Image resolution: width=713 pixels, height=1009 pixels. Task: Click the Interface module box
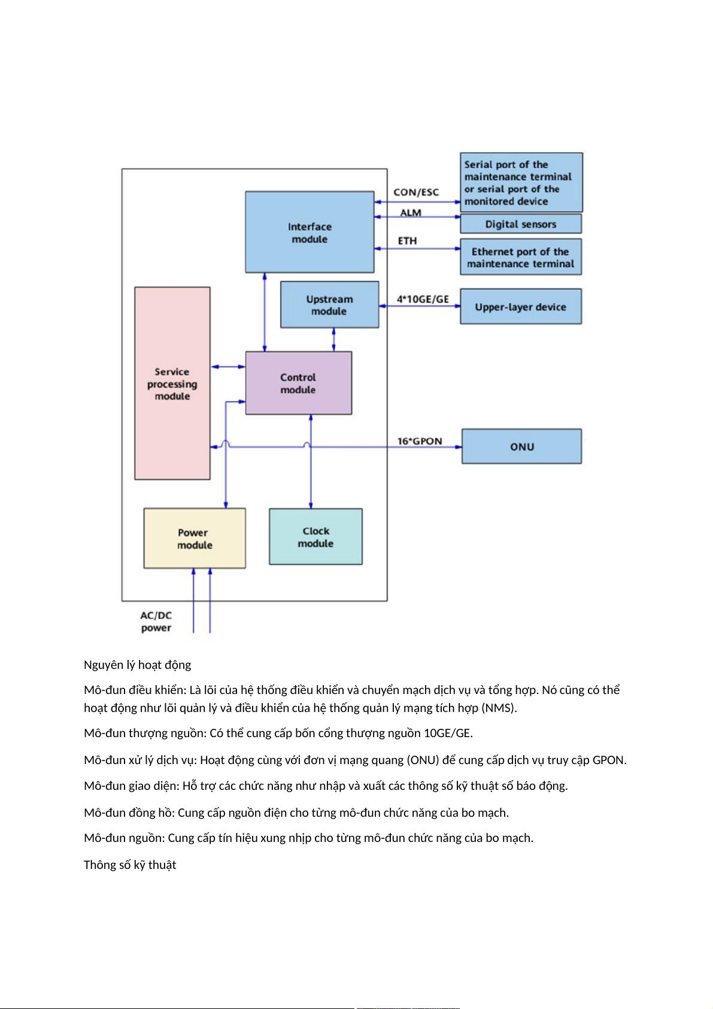[310, 232]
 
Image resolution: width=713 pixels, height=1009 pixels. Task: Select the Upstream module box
[329, 305]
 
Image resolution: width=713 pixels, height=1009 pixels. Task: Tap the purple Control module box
[298, 383]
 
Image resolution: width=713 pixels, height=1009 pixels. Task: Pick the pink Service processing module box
[172, 383]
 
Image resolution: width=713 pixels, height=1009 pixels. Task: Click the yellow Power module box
[195, 538]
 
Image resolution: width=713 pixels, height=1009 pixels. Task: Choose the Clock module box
[315, 537]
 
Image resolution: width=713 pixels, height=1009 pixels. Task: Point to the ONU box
[521, 446]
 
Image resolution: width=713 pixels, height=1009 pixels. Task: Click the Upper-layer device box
[520, 307]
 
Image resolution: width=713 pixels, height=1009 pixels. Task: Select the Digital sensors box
[520, 224]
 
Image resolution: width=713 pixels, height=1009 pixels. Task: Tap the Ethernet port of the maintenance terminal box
[520, 257]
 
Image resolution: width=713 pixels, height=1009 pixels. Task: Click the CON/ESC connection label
[416, 192]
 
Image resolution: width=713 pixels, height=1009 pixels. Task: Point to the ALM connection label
[411, 213]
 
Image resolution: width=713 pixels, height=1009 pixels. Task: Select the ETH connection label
[407, 241]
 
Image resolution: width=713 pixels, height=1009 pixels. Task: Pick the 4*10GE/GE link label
[423, 299]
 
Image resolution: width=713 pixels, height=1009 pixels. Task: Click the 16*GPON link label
[420, 441]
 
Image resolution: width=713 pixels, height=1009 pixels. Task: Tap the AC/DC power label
[156, 622]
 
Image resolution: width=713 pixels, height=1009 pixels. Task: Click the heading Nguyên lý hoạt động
[138, 665]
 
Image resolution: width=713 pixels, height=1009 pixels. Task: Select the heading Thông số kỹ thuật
[130, 865]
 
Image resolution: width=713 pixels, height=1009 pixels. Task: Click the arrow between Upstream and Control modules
[333, 340]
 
